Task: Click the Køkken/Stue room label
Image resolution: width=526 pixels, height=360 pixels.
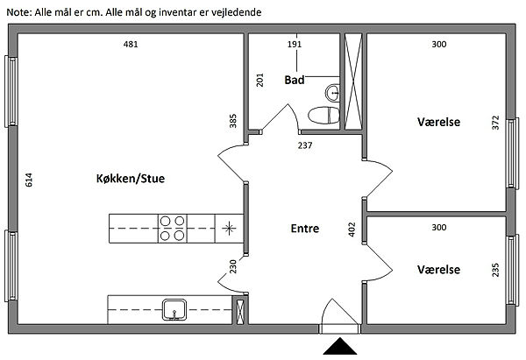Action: [131, 179]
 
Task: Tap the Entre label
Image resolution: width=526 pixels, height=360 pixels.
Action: [304, 229]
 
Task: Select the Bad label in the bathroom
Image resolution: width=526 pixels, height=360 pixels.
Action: [295, 80]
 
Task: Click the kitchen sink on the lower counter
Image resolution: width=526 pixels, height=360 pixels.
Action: [173, 307]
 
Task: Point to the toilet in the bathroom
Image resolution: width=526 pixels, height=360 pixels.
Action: [322, 114]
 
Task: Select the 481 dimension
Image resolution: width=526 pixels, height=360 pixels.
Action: [131, 44]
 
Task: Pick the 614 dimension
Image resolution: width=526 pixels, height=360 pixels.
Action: [29, 181]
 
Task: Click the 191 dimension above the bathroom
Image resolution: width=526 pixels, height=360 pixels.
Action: [295, 44]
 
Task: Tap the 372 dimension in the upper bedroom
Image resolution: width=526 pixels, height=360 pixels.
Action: [495, 123]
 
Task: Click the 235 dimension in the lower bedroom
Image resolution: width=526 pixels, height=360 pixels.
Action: [495, 270]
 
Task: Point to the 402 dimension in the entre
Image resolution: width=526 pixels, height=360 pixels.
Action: [352, 229]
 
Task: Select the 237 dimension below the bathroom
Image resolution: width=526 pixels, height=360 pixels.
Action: [304, 145]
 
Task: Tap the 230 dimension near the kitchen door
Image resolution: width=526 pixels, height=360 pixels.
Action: [233, 267]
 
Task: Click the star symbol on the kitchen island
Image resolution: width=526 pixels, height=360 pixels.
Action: [229, 229]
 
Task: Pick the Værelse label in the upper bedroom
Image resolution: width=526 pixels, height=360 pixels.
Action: [438, 122]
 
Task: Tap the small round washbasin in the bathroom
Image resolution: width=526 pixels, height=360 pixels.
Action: [331, 90]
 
